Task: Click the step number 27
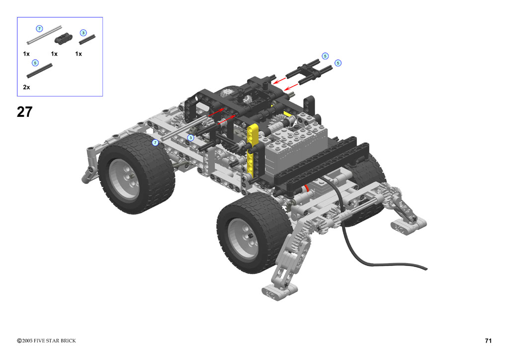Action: (x=25, y=112)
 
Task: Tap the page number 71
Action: (x=488, y=341)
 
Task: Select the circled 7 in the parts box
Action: (x=39, y=28)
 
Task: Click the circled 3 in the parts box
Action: (x=84, y=33)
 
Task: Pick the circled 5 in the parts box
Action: (x=35, y=63)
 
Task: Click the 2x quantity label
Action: (x=27, y=87)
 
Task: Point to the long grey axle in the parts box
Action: (x=44, y=35)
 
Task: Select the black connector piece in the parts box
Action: (x=63, y=38)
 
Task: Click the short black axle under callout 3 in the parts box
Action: (x=87, y=40)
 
